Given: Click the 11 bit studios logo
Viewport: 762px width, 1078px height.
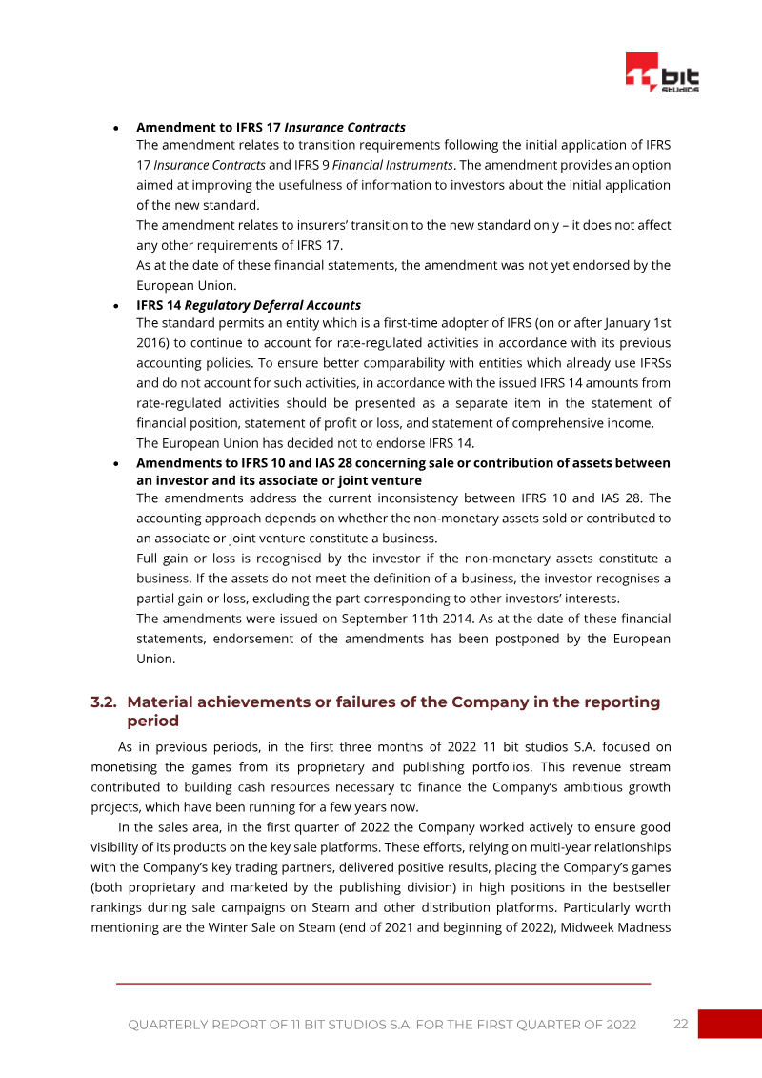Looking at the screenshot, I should pyautogui.click(x=662, y=73).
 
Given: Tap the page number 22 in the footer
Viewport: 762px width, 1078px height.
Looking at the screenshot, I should pyautogui.click(x=680, y=1024).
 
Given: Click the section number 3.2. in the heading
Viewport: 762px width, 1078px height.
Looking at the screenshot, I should pyautogui.click(x=104, y=702).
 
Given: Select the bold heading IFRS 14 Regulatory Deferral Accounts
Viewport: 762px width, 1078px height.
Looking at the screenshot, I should pyautogui.click(x=248, y=305).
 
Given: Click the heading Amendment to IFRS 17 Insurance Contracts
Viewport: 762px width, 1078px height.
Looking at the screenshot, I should pyautogui.click(x=271, y=127).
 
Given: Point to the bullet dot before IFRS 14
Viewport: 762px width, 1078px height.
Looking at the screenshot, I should pyautogui.click(x=115, y=306).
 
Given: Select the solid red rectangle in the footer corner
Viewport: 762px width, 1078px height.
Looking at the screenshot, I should pyautogui.click(x=730, y=1024).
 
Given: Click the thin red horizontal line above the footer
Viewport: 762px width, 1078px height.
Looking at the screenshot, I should pyautogui.click(x=383, y=983).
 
